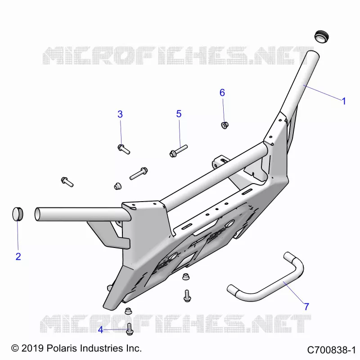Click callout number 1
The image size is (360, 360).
pyautogui.click(x=344, y=101)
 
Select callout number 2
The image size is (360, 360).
pyautogui.click(x=18, y=256)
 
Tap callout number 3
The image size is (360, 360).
pyautogui.click(x=120, y=114)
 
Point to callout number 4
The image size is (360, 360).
pyautogui.click(x=100, y=330)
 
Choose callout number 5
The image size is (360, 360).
pyautogui.click(x=179, y=114)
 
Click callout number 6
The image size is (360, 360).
pyautogui.click(x=222, y=93)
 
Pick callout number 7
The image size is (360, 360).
pyautogui.click(x=306, y=306)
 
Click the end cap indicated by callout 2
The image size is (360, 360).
pyautogui.click(x=18, y=214)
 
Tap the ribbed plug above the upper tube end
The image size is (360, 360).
pyautogui.click(x=321, y=36)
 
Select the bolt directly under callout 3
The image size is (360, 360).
pyautogui.click(x=124, y=149)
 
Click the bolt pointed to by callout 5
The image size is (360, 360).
pyautogui.click(x=178, y=151)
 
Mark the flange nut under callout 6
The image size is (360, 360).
pyautogui.click(x=225, y=126)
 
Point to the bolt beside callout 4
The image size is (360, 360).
pyautogui.click(x=130, y=329)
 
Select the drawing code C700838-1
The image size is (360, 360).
pyautogui.click(x=331, y=350)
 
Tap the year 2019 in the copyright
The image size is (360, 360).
pyautogui.click(x=32, y=348)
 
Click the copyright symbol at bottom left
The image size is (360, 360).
pyautogui.click(x=15, y=348)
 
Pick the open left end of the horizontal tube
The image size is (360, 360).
pyautogui.click(x=37, y=215)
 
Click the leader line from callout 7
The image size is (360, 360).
pyautogui.click(x=294, y=293)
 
